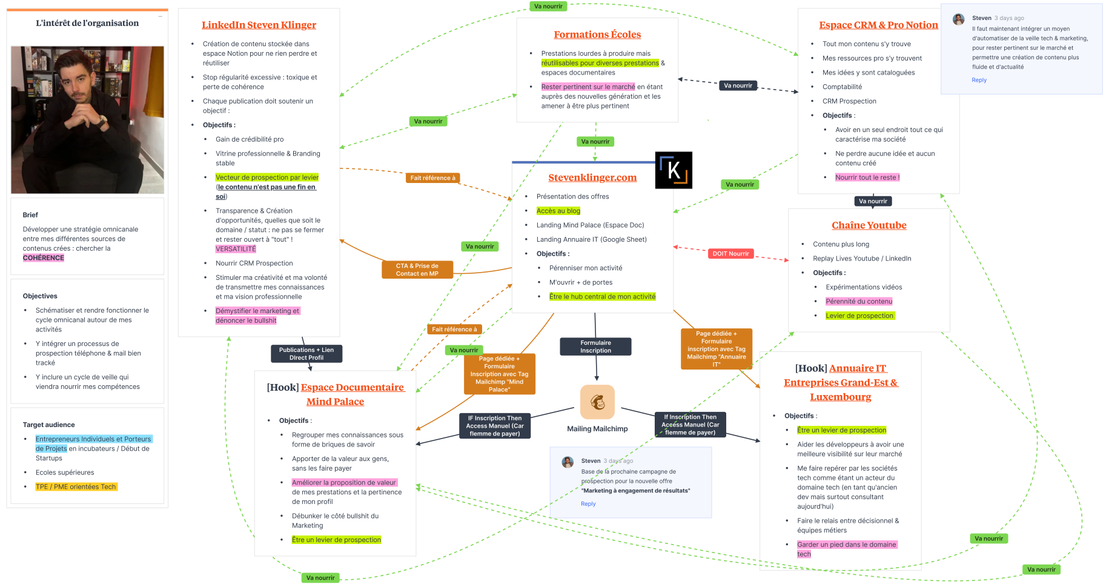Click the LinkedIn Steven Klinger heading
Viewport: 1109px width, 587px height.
[259, 25]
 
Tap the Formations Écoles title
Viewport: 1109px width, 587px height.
[597, 35]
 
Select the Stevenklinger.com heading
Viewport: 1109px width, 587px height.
[592, 177]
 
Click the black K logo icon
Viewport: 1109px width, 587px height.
[674, 170]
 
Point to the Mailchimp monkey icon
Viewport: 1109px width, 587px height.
[597, 402]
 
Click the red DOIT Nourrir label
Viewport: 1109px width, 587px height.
[730, 254]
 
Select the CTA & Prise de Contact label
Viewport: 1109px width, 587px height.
[417, 270]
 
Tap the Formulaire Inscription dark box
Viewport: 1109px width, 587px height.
[595, 347]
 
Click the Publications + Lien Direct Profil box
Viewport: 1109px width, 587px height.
[306, 354]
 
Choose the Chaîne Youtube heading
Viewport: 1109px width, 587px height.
[869, 225]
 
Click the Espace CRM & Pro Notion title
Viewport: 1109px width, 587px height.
[878, 25]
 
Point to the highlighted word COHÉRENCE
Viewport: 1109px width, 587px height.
[44, 258]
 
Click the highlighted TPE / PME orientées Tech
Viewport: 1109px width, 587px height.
[76, 487]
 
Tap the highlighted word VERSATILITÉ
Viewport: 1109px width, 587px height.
[236, 249]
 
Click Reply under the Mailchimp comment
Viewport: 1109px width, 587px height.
[588, 504]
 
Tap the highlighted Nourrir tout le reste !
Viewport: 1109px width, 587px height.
[867, 177]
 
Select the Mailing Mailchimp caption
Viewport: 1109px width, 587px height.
[597, 429]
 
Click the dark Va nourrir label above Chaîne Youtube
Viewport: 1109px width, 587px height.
[872, 201]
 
